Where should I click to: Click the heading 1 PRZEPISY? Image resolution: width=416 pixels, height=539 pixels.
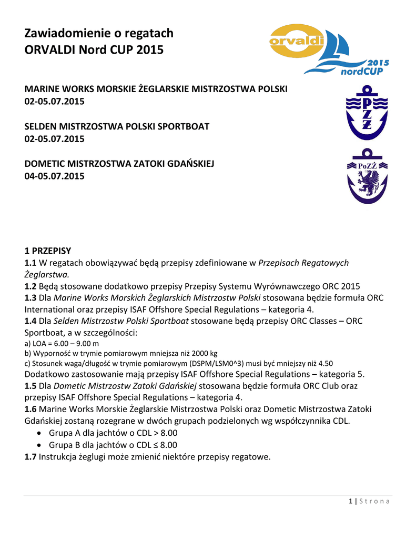click(48, 250)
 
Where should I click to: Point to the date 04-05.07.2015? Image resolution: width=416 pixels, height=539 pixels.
click(55, 176)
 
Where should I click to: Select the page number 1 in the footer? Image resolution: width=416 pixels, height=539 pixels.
click(350, 501)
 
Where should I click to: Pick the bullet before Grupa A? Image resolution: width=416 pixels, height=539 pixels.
click(39, 433)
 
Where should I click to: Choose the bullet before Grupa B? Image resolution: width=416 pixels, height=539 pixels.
click(39, 445)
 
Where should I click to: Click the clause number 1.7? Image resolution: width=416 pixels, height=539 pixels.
click(31, 456)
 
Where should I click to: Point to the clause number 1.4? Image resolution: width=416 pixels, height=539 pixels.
click(31, 321)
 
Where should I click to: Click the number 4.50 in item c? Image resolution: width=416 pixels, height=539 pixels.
click(324, 363)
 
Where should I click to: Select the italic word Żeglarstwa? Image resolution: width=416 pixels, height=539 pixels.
click(47, 274)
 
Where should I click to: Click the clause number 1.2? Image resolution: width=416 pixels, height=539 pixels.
click(31, 286)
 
